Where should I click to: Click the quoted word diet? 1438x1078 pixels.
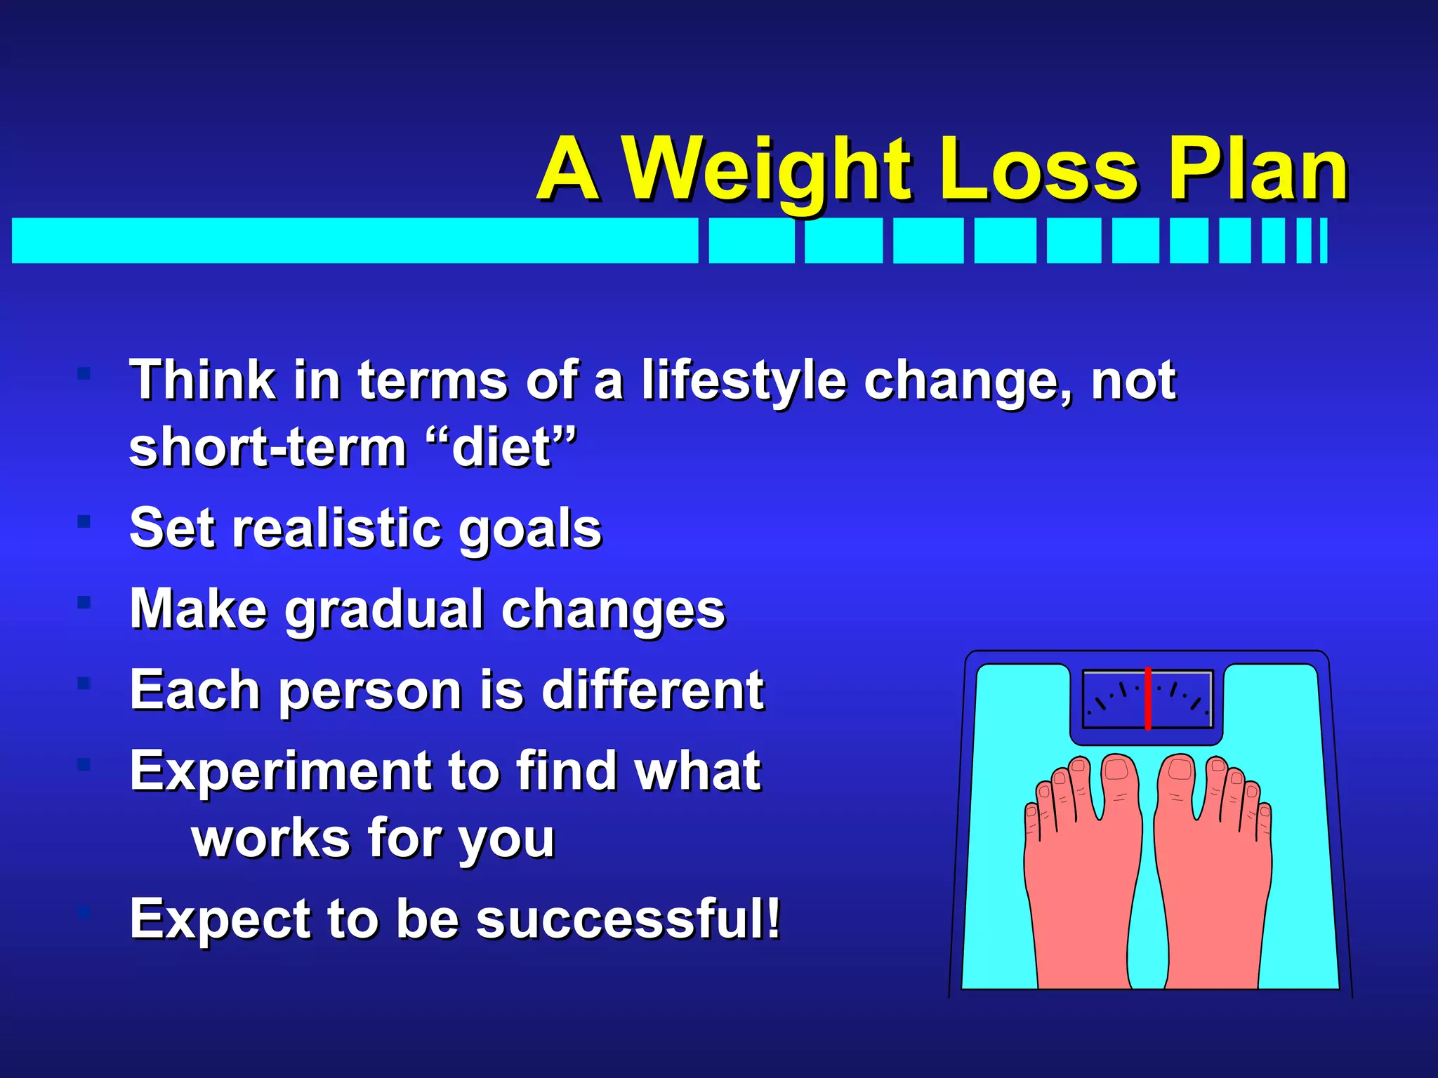[x=501, y=448]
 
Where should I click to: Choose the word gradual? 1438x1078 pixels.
[x=384, y=610]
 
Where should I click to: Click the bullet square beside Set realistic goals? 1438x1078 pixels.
[x=84, y=521]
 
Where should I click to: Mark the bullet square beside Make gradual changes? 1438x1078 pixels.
[x=84, y=602]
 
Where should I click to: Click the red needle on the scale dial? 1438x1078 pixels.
[x=1147, y=699]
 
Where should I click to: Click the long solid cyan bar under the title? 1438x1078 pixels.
[x=355, y=241]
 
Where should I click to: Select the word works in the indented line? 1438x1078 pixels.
[x=271, y=839]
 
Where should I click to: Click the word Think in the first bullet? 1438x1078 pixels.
[x=202, y=381]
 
